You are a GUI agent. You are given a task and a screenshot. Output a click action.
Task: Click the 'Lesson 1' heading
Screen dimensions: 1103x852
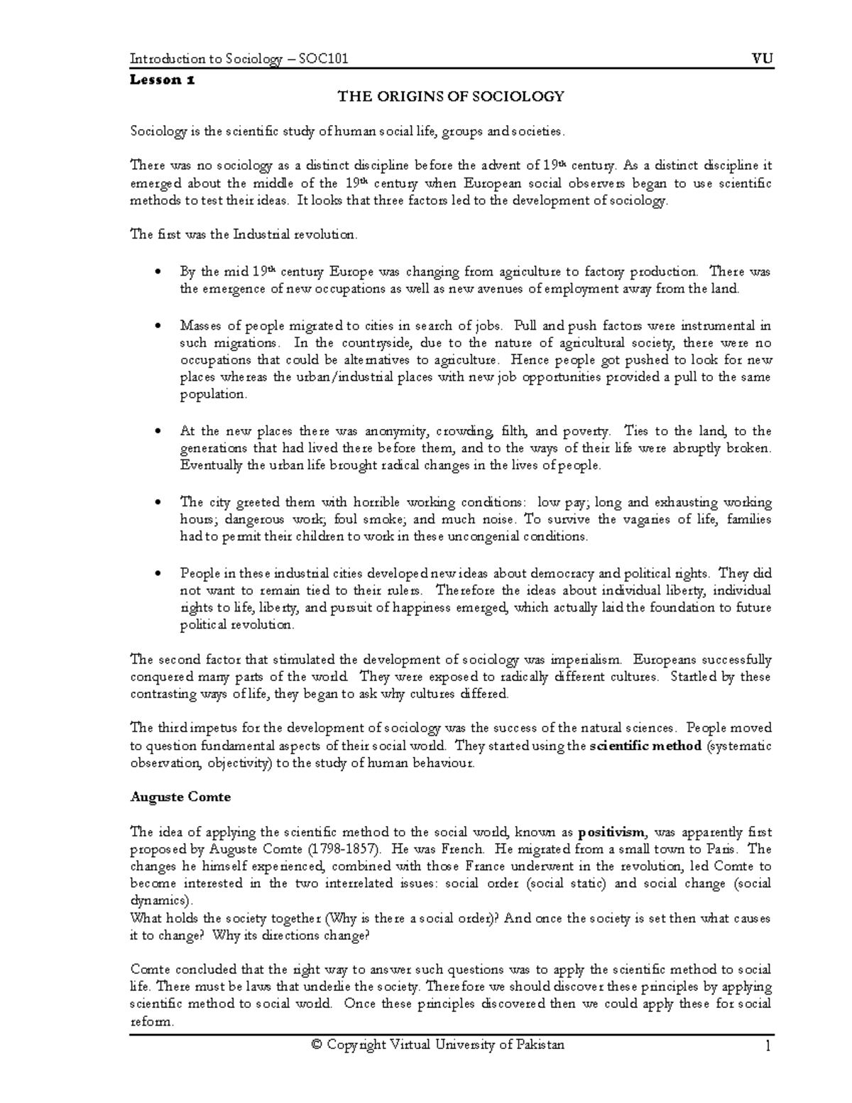[x=162, y=80]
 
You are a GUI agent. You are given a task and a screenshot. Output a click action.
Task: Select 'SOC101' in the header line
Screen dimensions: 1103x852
[x=323, y=60]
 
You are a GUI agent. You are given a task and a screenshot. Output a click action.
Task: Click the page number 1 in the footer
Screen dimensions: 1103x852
[x=768, y=1045]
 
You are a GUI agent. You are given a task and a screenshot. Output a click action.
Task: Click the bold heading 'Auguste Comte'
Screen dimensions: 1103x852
[x=180, y=797]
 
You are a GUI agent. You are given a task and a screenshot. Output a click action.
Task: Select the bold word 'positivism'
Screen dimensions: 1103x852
[x=612, y=832]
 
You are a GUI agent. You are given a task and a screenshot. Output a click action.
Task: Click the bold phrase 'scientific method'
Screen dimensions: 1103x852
[x=645, y=746]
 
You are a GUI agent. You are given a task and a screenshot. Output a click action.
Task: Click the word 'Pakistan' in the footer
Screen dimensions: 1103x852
[x=540, y=1045]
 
